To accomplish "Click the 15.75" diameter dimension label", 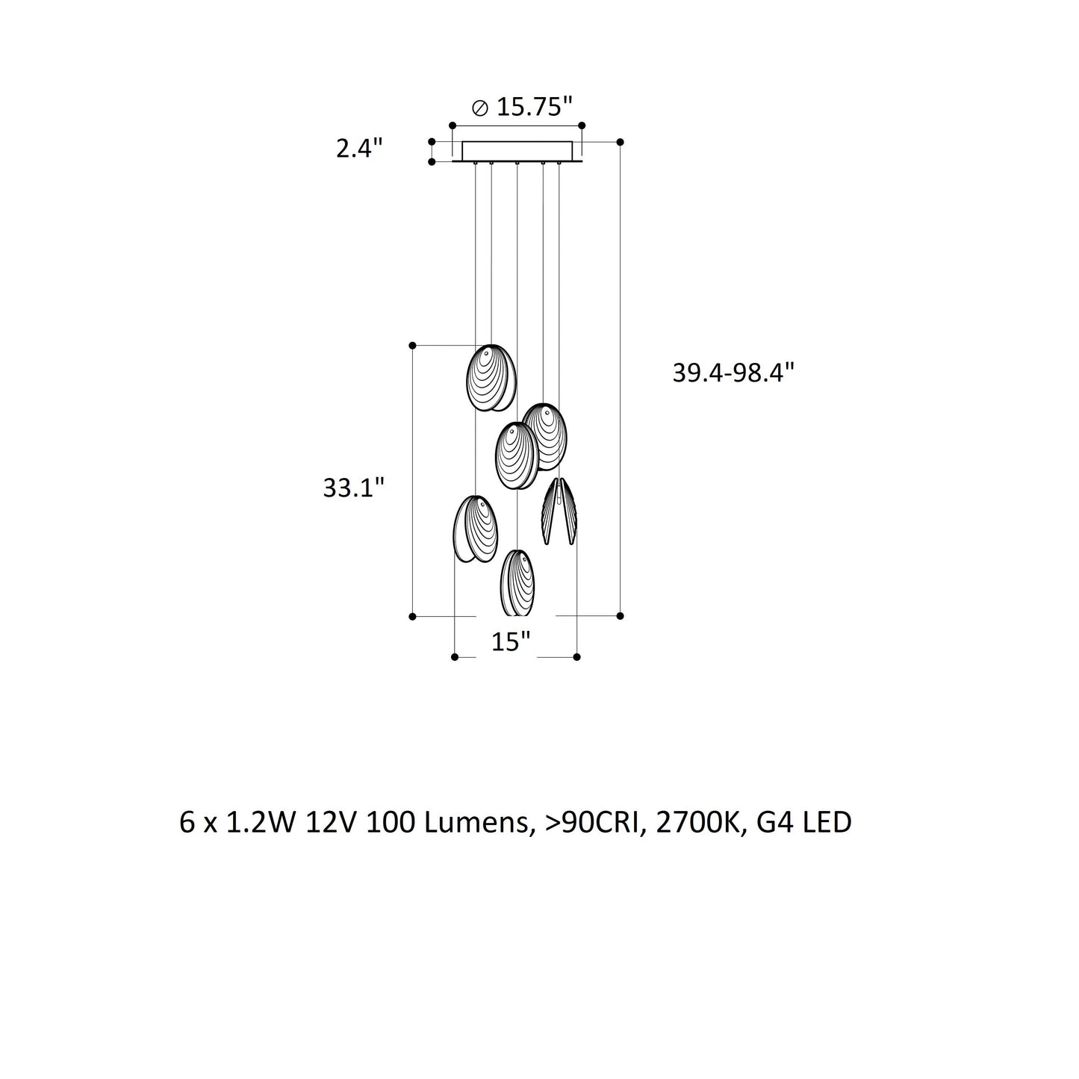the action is pyautogui.click(x=523, y=106).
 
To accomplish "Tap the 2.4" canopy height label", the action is pyautogui.click(x=359, y=149).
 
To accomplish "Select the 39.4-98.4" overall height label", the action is pyautogui.click(x=733, y=373).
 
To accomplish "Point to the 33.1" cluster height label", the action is pyautogui.click(x=354, y=488).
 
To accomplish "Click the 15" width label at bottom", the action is pyautogui.click(x=511, y=641).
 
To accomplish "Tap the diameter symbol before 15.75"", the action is pyautogui.click(x=480, y=108).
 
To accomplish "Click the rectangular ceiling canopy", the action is pyautogui.click(x=517, y=151).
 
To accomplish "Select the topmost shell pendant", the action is pyautogui.click(x=491, y=378).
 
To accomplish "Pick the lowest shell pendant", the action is pyautogui.click(x=517, y=583).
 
